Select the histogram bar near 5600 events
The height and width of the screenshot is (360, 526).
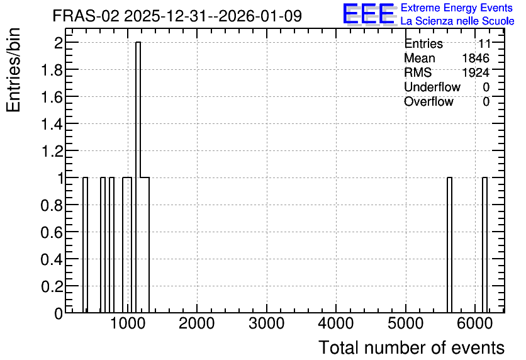click(x=449, y=245)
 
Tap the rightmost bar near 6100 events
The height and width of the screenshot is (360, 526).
click(x=484, y=245)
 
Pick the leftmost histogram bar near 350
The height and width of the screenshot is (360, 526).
click(x=85, y=245)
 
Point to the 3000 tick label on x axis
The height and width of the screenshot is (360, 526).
click(x=266, y=323)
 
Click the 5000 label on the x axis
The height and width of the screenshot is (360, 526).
click(x=406, y=323)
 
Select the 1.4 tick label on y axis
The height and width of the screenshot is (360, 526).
click(x=52, y=124)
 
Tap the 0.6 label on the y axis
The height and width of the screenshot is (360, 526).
click(x=52, y=232)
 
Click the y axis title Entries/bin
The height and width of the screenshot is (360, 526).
click(x=14, y=70)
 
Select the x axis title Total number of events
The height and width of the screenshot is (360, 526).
click(x=411, y=347)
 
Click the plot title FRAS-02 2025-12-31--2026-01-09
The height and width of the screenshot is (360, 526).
click(x=177, y=16)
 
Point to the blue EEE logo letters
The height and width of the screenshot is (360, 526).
click(x=369, y=14)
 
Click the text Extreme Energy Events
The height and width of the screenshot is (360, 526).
click(x=457, y=8)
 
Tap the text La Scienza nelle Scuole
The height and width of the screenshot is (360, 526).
click(x=457, y=21)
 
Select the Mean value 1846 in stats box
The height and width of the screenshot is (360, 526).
click(x=476, y=58)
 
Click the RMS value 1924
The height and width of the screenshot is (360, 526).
click(x=476, y=72)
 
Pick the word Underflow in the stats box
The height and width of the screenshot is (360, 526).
click(x=432, y=87)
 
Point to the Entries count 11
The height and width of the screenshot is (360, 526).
click(x=484, y=43)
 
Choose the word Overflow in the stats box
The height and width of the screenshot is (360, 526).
click(x=428, y=101)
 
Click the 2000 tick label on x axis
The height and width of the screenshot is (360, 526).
click(x=196, y=323)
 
